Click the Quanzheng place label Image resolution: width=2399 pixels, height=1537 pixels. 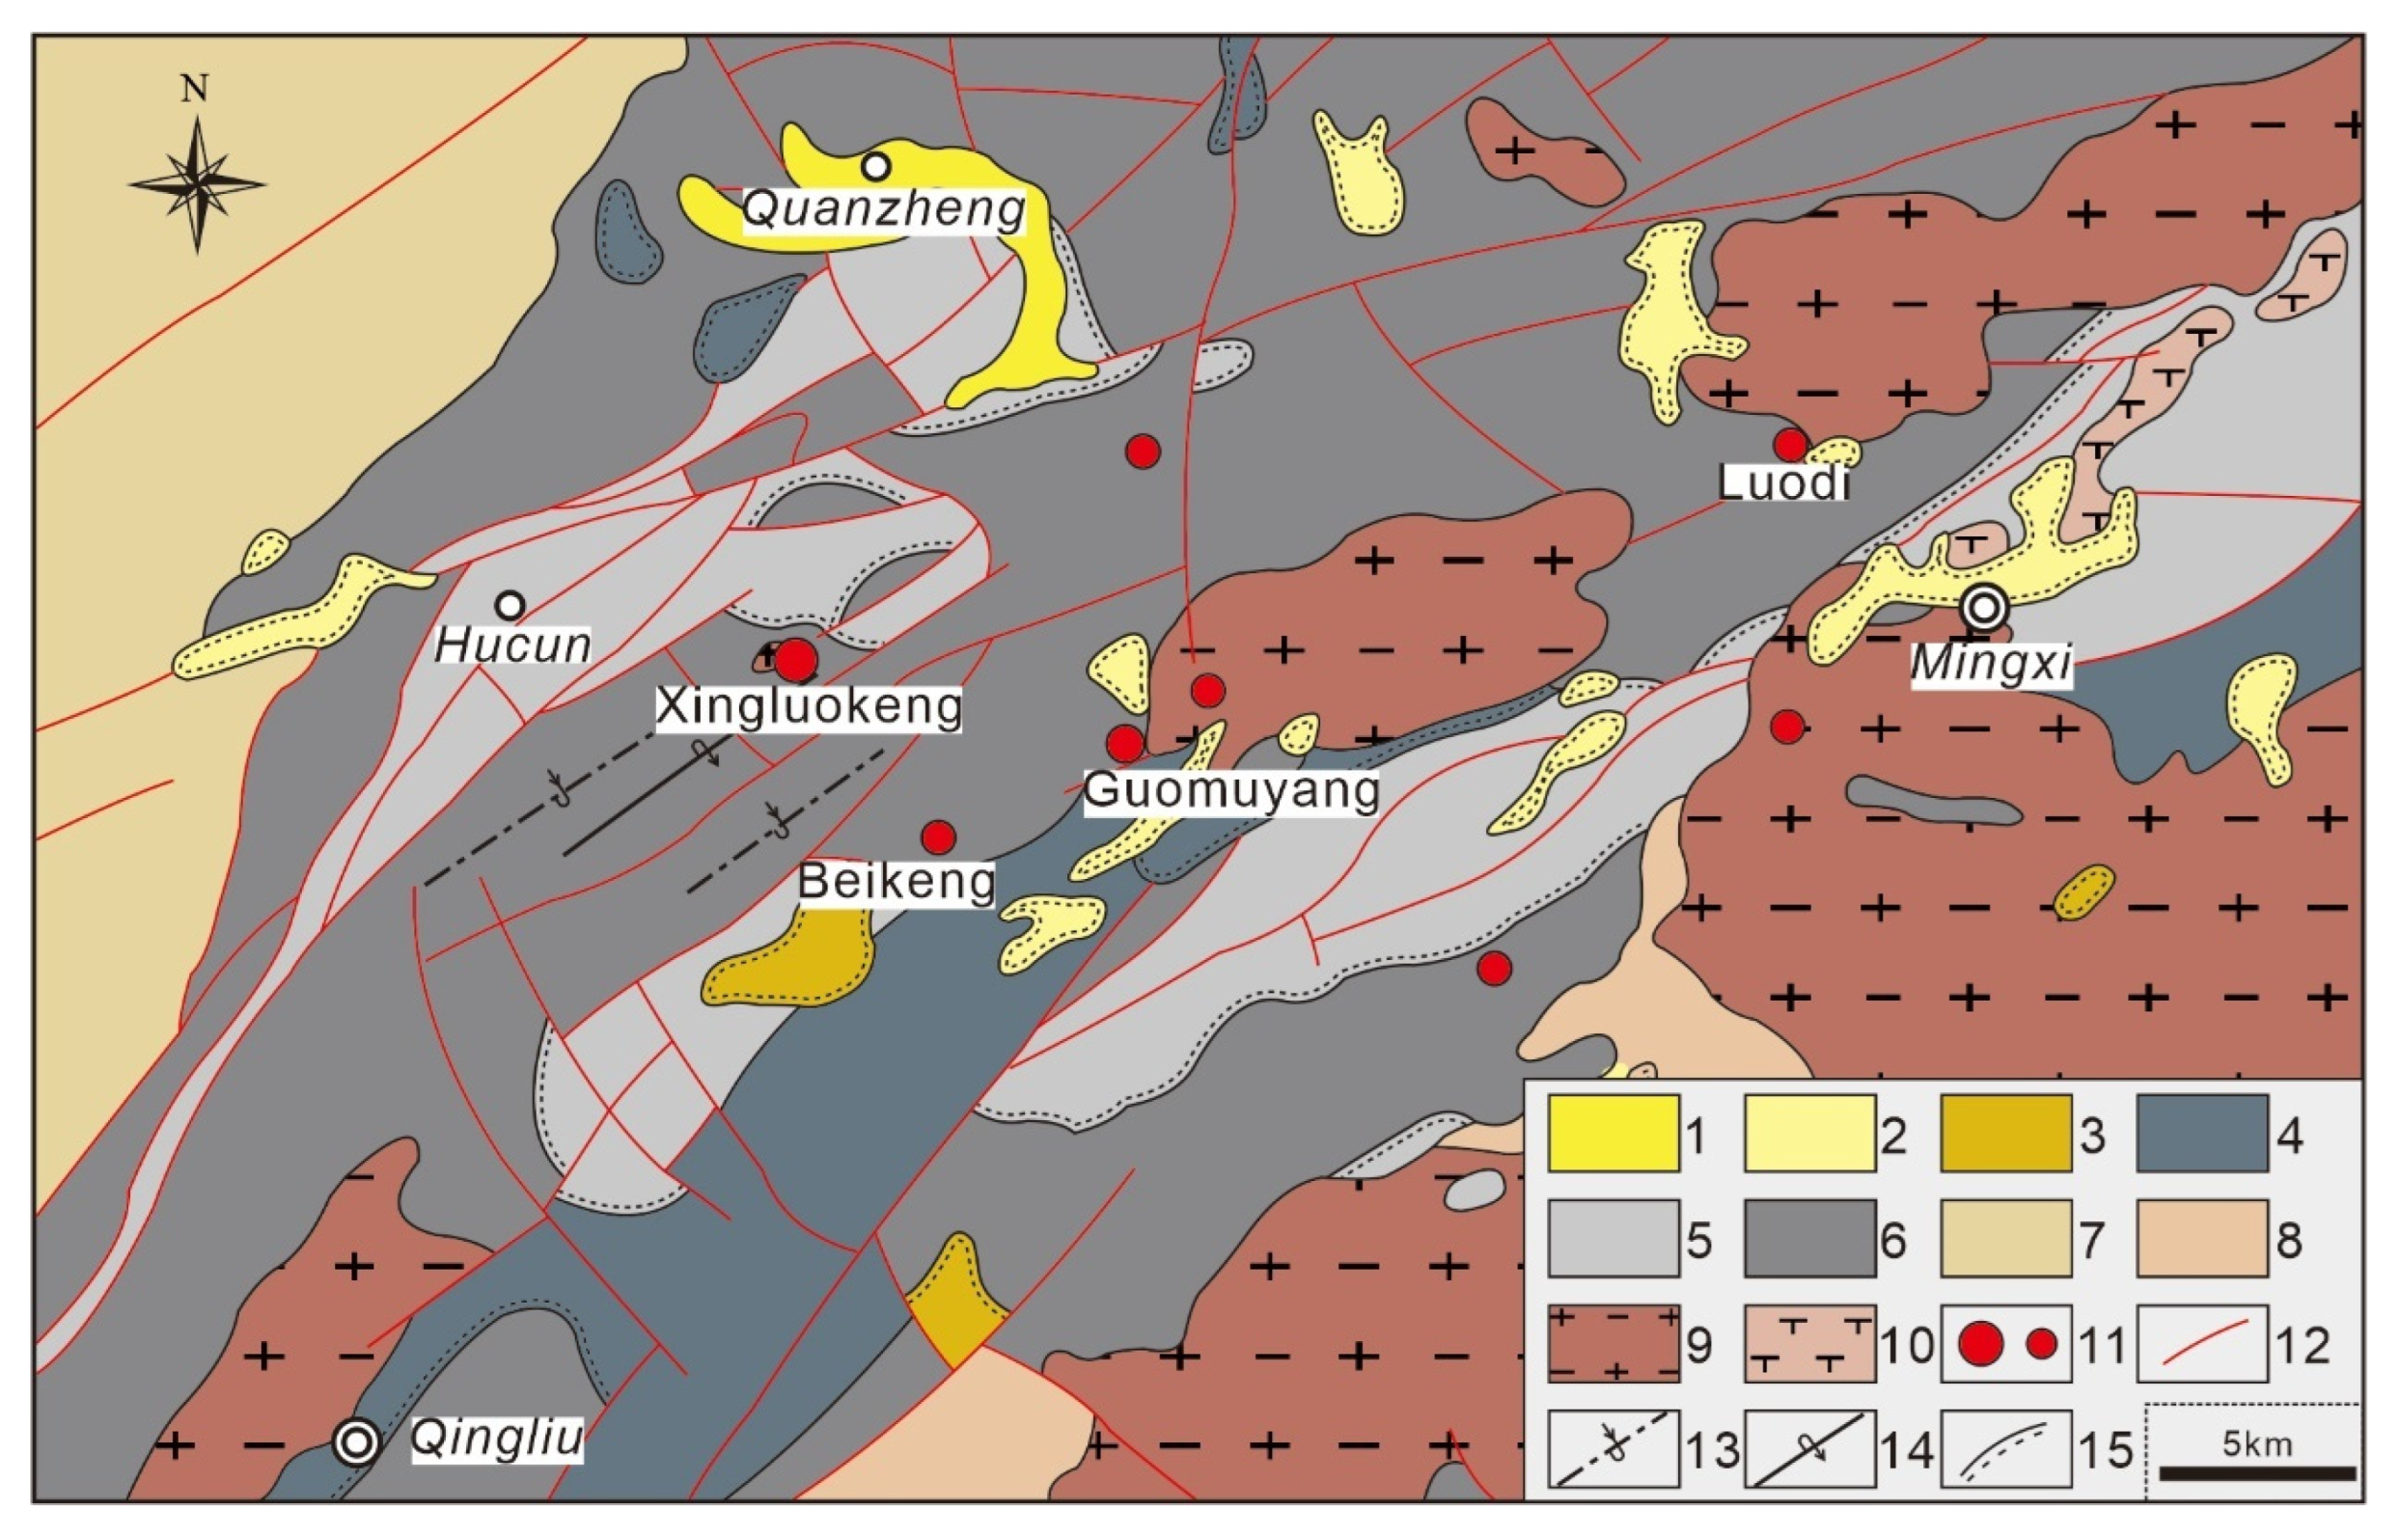[x=884, y=209]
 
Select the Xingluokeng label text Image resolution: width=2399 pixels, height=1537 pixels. [x=809, y=706]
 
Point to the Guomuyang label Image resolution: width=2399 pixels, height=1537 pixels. [x=1231, y=790]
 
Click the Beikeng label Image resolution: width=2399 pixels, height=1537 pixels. [x=896, y=881]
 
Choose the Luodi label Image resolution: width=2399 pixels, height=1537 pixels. [x=1784, y=483]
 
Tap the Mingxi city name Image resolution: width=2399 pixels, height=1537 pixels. [x=1992, y=664]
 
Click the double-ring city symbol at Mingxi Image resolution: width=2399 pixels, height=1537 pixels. [x=1983, y=607]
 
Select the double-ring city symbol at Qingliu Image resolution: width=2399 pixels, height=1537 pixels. [x=357, y=1442]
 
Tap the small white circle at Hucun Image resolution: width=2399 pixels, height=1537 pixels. [x=510, y=605]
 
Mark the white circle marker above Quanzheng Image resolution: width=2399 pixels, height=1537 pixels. [x=876, y=167]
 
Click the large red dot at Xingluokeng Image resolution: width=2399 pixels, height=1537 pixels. [x=796, y=660]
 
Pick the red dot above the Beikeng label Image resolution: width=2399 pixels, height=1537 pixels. [x=938, y=837]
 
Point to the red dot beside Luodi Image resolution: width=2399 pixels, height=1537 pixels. [x=1790, y=444]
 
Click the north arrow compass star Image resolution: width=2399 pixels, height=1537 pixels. [x=197, y=183]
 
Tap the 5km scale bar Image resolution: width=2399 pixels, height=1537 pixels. [x=2257, y=1473]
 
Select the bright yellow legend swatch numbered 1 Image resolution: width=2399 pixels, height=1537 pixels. [x=1613, y=1134]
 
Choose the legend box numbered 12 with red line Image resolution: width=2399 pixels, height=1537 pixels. [x=2202, y=1343]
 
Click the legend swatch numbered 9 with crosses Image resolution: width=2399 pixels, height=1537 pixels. [x=1613, y=1343]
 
